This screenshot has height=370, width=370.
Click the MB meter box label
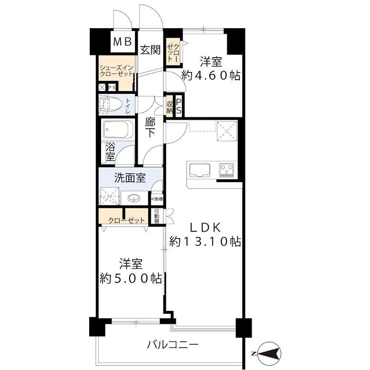[123, 42]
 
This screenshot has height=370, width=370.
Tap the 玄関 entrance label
[150, 50]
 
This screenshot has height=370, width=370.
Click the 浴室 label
[109, 152]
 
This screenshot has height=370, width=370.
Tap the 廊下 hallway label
[151, 128]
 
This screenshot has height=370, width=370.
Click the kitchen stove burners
[226, 169]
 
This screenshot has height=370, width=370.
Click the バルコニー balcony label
[172, 344]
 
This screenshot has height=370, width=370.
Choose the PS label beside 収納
[179, 106]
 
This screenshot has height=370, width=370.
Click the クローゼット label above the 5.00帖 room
[126, 220]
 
